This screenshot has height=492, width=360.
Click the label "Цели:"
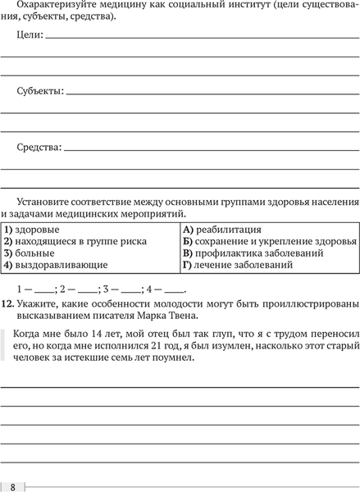(x=30, y=37)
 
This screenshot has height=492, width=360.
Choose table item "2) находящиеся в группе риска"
(x=75, y=241)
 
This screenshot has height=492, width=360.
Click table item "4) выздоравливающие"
(x=55, y=265)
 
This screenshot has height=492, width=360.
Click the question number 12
(x=7, y=303)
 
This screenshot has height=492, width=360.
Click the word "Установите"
(x=45, y=202)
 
